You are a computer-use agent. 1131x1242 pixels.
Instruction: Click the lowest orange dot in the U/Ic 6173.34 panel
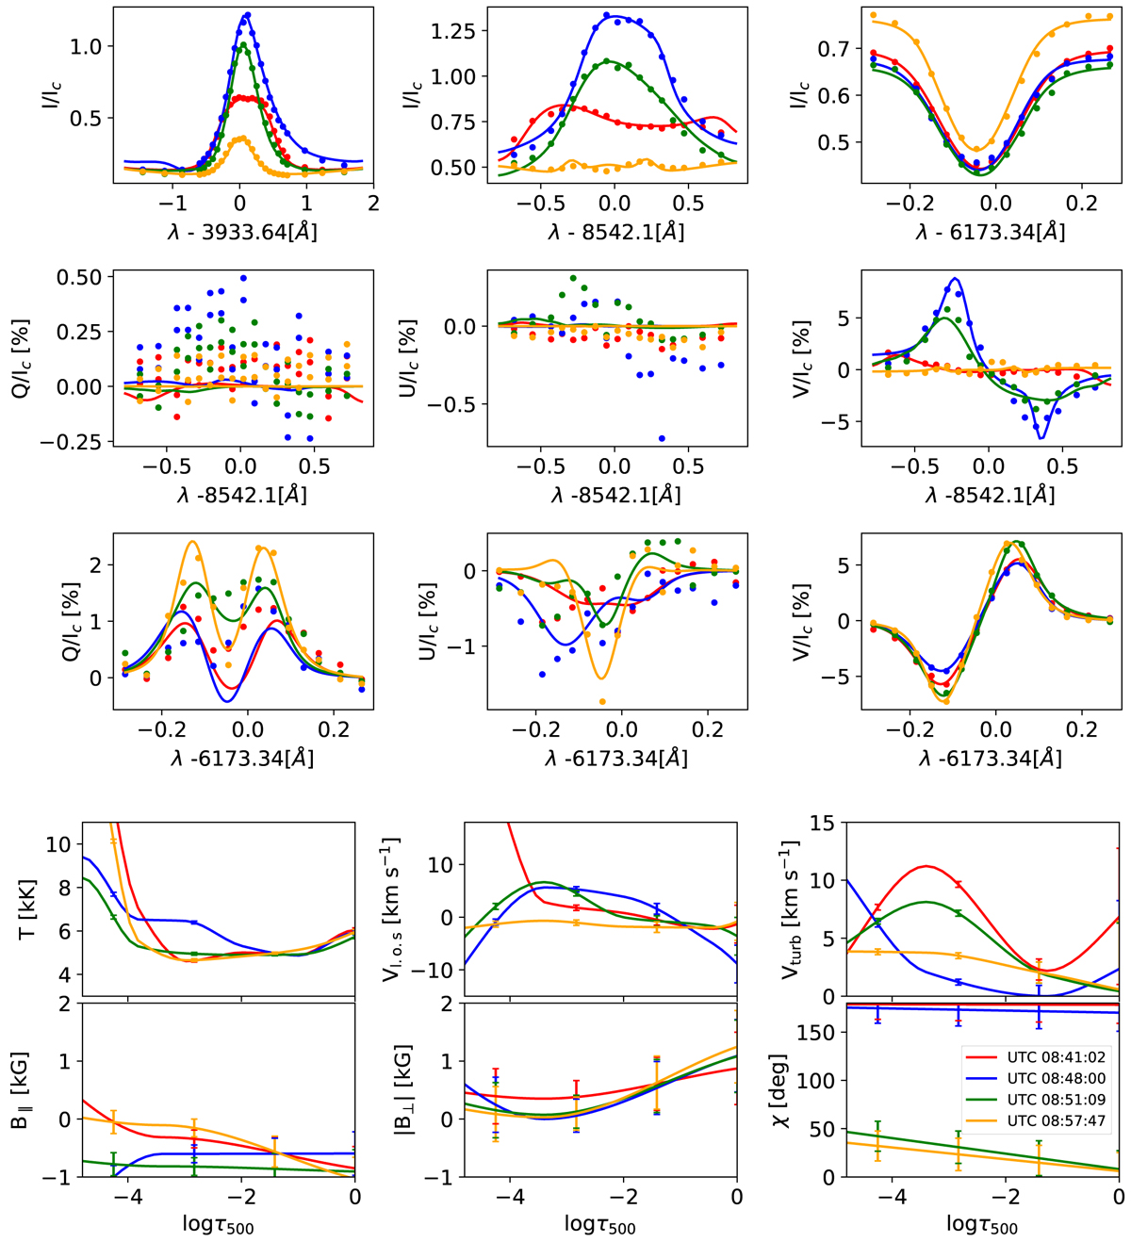tap(602, 702)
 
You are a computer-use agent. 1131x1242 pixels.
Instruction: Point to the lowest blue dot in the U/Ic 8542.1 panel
tap(663, 438)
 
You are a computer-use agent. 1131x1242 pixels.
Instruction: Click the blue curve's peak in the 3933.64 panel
tap(247, 15)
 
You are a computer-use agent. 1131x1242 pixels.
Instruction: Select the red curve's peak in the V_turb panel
tap(926, 866)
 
